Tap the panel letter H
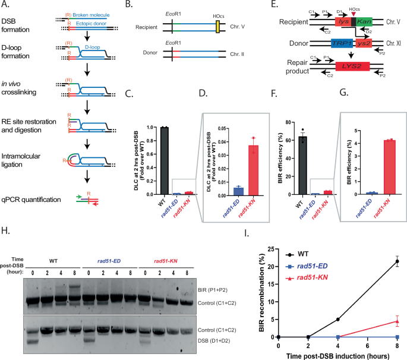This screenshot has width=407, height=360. click(x=5, y=226)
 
